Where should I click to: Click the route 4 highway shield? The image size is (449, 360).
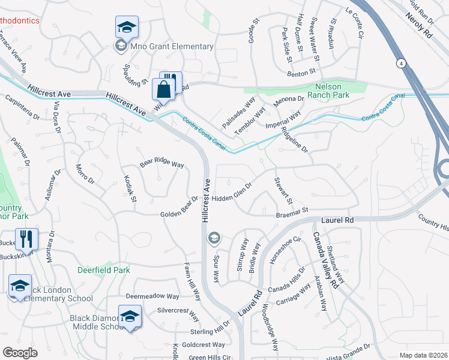click(400, 62)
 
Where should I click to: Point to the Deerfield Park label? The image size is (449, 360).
click(104, 270)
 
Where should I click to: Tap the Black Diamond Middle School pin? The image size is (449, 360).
click(130, 317)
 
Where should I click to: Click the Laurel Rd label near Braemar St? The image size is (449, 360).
click(337, 220)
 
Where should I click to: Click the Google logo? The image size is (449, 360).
click(20, 352)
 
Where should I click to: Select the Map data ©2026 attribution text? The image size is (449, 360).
click(423, 355)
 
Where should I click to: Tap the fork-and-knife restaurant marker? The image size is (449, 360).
click(26, 239)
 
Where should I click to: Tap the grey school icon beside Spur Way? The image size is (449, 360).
click(213, 239)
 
